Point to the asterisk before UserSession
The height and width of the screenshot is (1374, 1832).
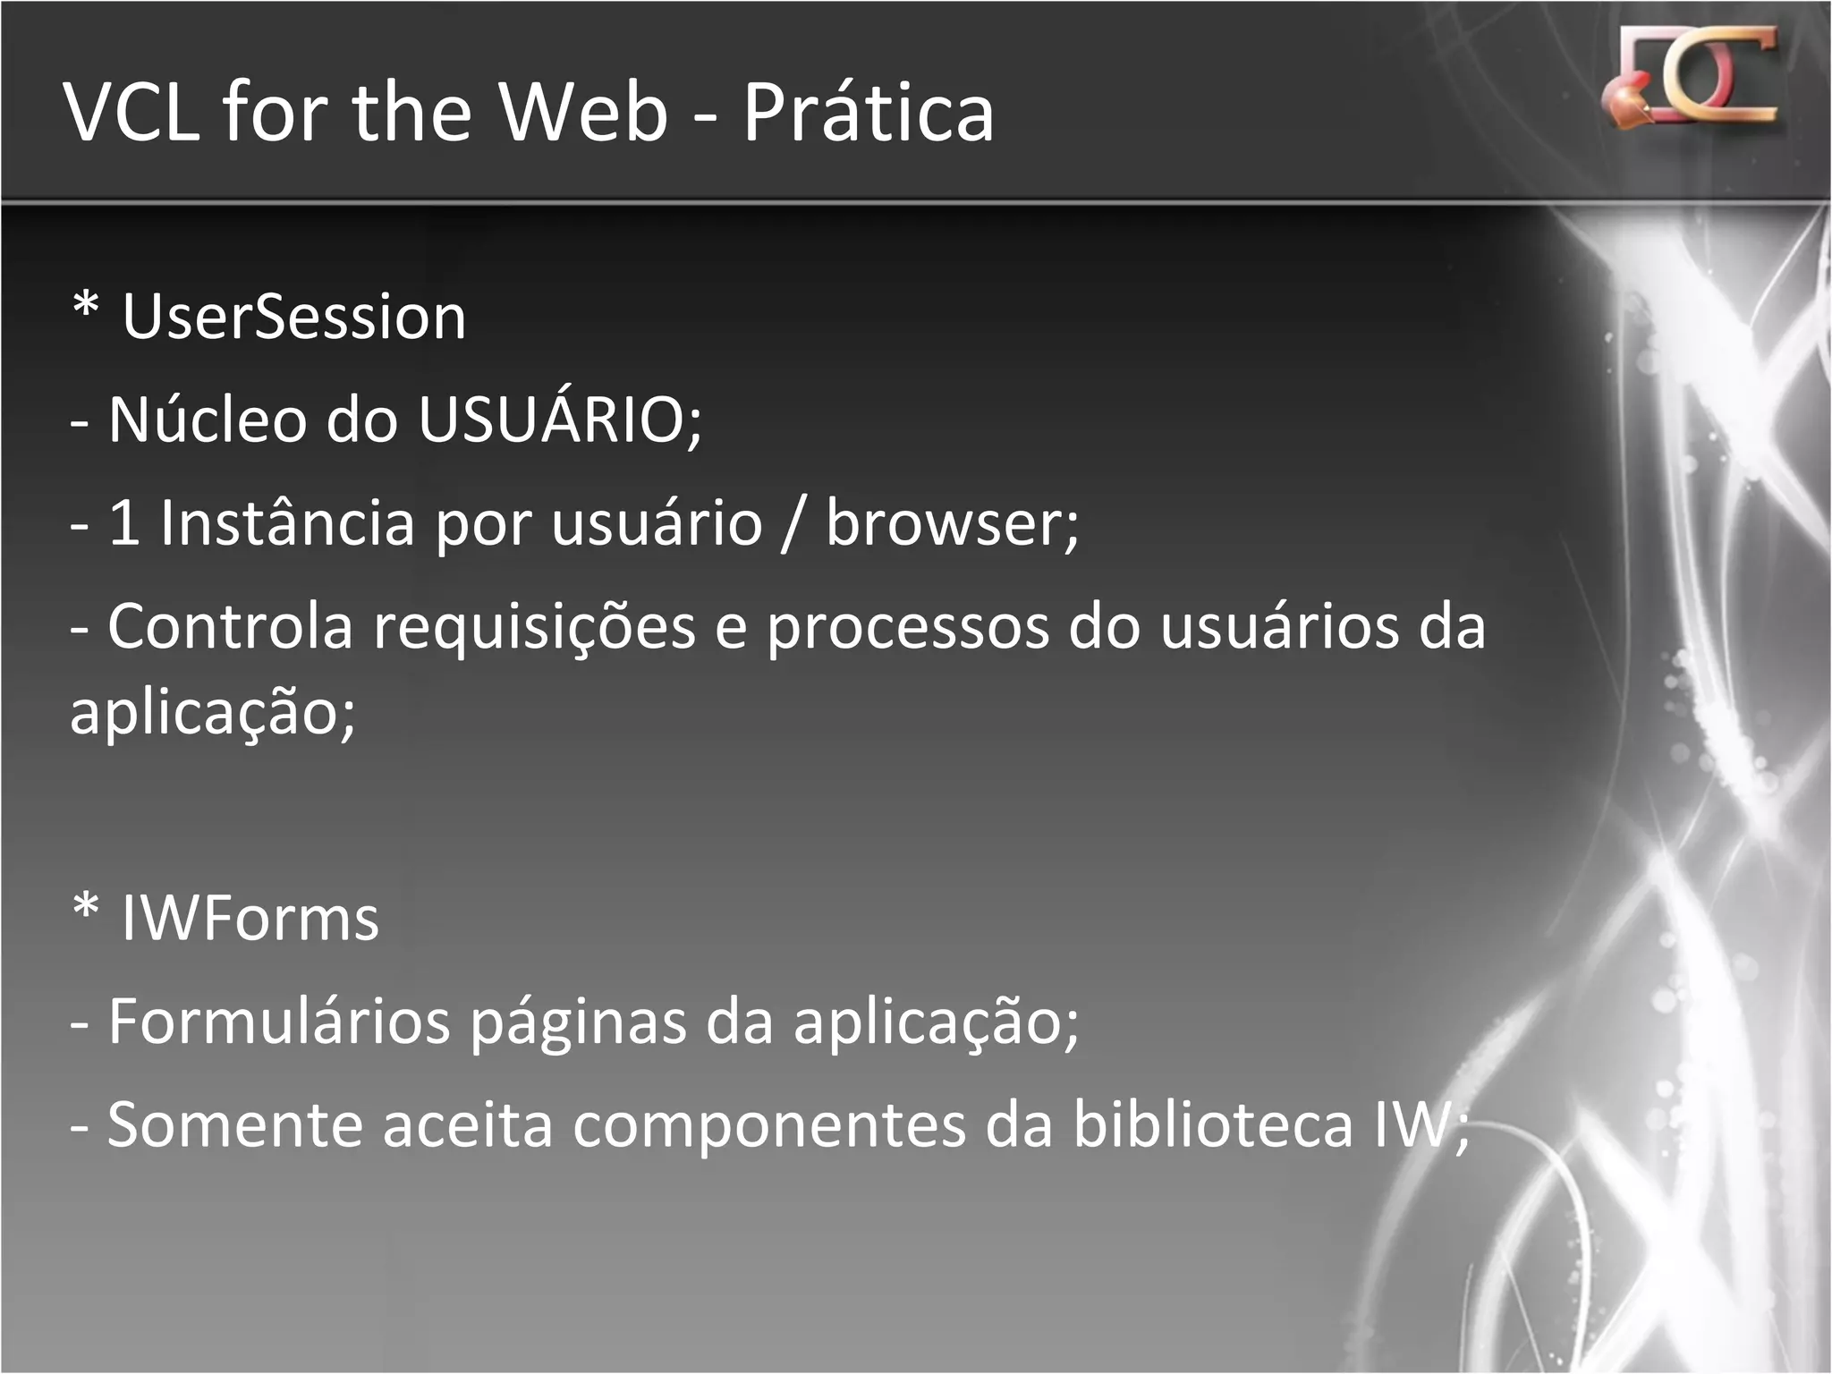click(x=86, y=308)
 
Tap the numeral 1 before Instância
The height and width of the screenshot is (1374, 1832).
click(x=123, y=522)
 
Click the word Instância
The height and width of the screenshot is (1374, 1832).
click(x=287, y=522)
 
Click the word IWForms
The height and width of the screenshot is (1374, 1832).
click(x=250, y=919)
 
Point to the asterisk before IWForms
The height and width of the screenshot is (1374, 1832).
click(x=86, y=910)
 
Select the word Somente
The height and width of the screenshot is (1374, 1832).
click(x=234, y=1125)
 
